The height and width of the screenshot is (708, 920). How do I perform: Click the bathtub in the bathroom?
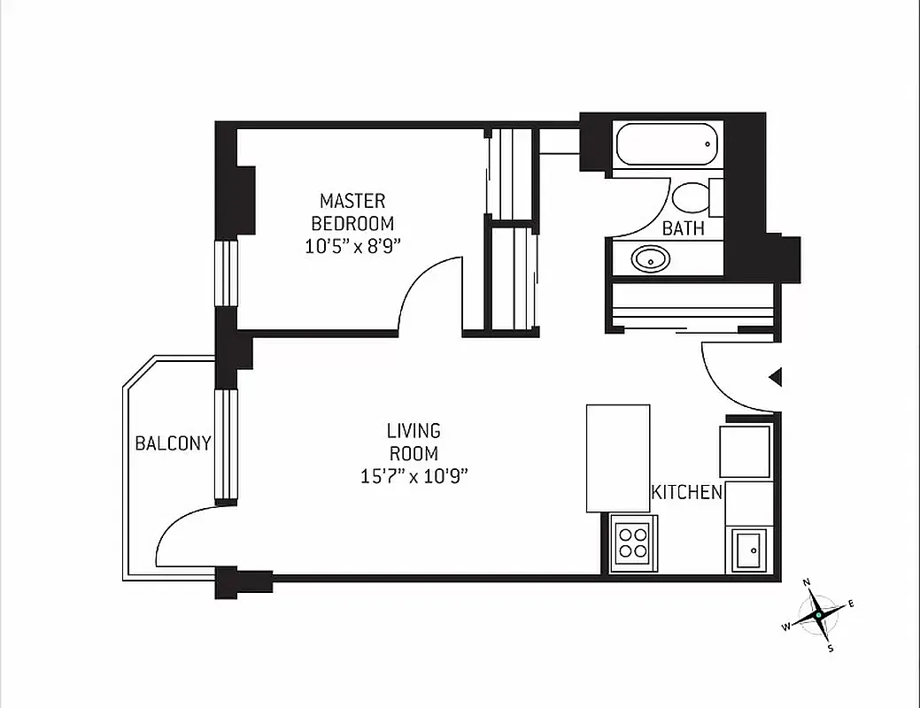(666, 144)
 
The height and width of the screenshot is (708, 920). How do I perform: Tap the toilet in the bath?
(691, 197)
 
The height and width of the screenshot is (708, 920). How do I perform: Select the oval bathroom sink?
(652, 258)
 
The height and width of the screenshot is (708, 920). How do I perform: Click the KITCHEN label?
(687, 492)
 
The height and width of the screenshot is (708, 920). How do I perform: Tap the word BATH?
(684, 228)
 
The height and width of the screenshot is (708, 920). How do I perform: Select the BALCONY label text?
(173, 443)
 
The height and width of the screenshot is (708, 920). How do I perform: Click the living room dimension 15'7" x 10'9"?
(413, 476)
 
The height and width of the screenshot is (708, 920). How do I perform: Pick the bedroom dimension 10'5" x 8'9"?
(353, 247)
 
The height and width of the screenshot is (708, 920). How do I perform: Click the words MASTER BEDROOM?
(352, 212)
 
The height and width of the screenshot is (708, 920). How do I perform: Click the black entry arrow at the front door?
(775, 378)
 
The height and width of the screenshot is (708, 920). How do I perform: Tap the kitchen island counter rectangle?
(618, 458)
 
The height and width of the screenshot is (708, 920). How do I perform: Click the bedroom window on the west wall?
(228, 273)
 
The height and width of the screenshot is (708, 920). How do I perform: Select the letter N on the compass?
(807, 582)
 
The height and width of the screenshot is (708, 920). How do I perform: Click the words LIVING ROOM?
(413, 442)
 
